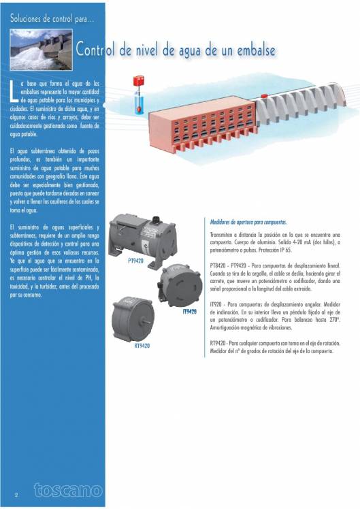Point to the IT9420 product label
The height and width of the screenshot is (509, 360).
189,312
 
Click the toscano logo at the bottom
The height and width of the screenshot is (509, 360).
67,490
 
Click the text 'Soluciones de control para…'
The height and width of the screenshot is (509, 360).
51,18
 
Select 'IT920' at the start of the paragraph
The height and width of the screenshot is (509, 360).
217,303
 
